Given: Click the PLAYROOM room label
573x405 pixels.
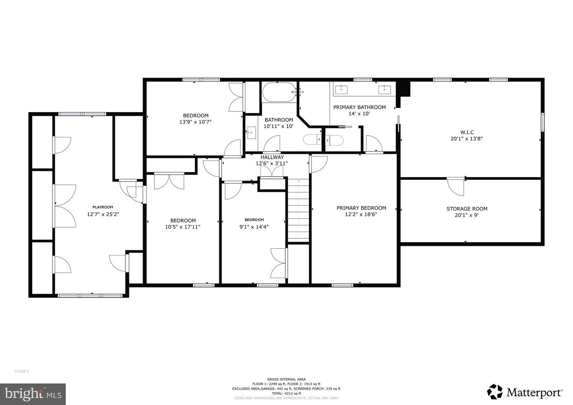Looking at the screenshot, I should [103, 207].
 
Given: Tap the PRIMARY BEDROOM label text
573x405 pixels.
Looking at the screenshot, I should [361, 208].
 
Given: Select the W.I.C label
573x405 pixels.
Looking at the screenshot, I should [467, 132].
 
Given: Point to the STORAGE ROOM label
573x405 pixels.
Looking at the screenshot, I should [467, 208].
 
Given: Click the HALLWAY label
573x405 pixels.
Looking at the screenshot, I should [272, 157].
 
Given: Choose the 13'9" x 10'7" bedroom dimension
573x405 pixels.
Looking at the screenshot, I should [195, 122].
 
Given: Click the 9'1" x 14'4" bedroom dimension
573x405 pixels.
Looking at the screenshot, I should [254, 227].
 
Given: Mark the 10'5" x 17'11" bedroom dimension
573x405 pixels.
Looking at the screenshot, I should [183, 227].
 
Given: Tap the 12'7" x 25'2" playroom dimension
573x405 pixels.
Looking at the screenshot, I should [103, 214].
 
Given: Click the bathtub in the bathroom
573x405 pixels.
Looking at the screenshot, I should [279, 92].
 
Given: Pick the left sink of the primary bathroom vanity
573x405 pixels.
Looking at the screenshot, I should [341, 90].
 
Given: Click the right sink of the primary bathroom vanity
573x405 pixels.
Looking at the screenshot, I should [384, 90].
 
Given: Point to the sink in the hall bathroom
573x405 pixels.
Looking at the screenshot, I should [251, 132].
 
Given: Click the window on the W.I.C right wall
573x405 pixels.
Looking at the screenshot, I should [542, 122].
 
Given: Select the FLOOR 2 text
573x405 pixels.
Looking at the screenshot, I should [22, 372].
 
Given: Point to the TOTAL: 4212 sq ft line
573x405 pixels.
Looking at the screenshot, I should [286, 393].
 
